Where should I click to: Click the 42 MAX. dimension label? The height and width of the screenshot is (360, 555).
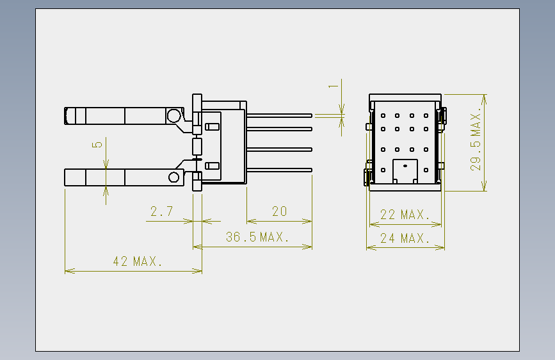click(138, 261)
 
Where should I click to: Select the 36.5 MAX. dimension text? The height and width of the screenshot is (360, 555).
click(257, 237)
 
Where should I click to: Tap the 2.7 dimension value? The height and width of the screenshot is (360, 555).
click(162, 211)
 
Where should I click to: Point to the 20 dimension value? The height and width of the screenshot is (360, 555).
click(279, 211)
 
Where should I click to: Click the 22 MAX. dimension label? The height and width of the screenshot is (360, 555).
click(405, 215)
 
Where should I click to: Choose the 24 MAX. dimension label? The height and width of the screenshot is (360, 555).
click(405, 238)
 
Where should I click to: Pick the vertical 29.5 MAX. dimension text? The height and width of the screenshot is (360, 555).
click(476, 139)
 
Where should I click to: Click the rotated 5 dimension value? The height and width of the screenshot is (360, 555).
click(97, 145)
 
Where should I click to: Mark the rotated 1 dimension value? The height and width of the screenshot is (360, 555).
click(333, 86)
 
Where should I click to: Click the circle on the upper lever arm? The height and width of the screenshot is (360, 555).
click(173, 115)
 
